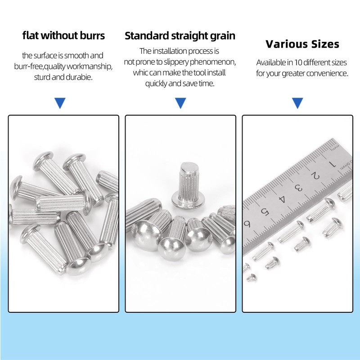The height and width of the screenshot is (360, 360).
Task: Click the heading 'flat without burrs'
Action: coord(63,36)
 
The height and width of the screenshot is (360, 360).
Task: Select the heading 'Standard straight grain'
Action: coord(180,36)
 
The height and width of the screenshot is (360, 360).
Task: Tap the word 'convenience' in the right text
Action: coord(329,73)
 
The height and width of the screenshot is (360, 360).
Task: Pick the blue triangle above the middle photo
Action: coord(180,103)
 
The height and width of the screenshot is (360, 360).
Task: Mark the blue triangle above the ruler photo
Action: coord(297,103)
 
